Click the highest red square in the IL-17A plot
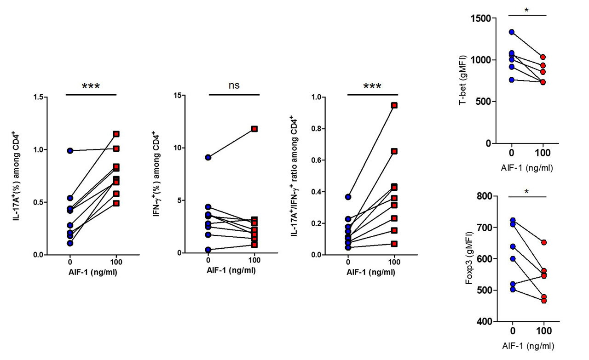[x=116, y=134]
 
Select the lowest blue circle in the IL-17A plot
[x=70, y=243]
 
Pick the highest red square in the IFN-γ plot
[x=254, y=129]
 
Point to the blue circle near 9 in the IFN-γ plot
[x=208, y=157]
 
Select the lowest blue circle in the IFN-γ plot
[x=208, y=250]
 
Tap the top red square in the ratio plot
[x=394, y=105]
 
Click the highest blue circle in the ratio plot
[x=348, y=197]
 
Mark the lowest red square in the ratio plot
[x=394, y=244]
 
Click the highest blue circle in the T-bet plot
[x=512, y=32]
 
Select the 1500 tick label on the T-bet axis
[x=480, y=18]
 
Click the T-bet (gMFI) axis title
[x=464, y=80]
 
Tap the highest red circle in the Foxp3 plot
[x=544, y=242]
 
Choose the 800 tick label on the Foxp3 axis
[x=483, y=196]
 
